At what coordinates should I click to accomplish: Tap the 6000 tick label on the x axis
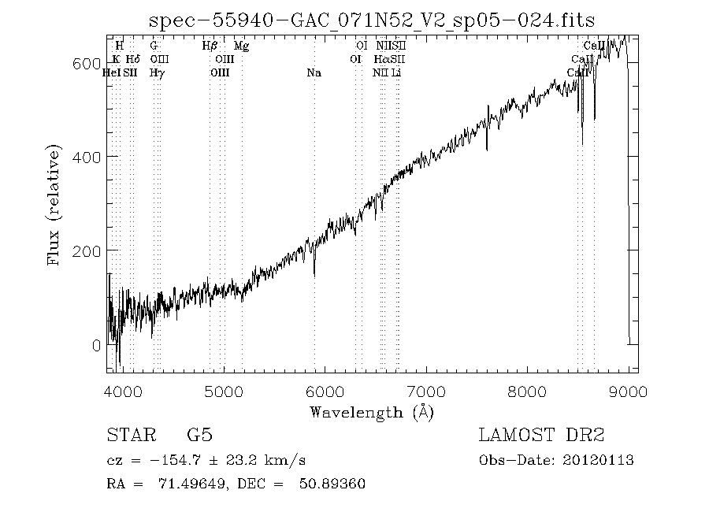pos(325,392)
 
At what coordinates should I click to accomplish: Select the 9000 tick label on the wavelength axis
pos(628,392)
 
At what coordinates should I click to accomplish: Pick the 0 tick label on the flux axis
pos(96,345)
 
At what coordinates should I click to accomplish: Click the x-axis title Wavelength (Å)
pos(371,412)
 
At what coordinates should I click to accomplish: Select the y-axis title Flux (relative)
pos(54,204)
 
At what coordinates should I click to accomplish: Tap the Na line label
pos(314,73)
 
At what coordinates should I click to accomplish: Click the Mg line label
pos(242,46)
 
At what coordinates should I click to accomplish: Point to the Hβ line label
pos(210,46)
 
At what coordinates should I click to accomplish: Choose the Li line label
pos(397,73)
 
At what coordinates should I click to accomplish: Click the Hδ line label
pos(133,60)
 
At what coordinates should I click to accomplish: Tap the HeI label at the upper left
pos(112,73)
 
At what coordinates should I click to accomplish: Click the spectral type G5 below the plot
pos(199,435)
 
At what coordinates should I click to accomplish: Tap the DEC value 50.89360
pos(332,484)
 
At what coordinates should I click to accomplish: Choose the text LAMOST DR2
pos(541,435)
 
